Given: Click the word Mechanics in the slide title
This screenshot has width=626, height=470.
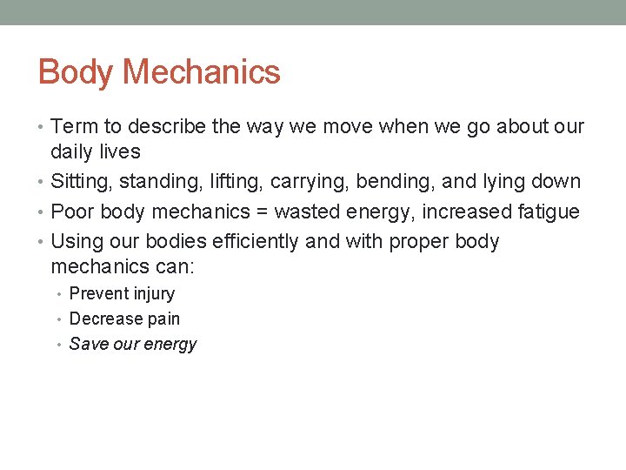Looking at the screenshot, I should (x=202, y=72).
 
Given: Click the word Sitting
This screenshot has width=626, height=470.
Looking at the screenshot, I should (x=80, y=182).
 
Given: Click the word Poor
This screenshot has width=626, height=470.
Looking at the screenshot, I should (x=72, y=211).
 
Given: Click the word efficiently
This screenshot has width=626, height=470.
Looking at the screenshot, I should (x=242, y=241).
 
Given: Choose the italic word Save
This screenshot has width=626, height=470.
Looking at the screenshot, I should (x=87, y=345).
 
